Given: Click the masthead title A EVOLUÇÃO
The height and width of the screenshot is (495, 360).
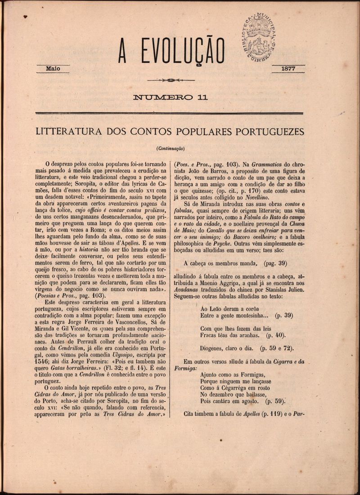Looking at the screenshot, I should [171, 50].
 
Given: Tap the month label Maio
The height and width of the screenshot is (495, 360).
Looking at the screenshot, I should [53, 68].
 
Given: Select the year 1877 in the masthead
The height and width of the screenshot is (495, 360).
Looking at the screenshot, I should [288, 69].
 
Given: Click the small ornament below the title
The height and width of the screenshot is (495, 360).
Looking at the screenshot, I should [171, 80].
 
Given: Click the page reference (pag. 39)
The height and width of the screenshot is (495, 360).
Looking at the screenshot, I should [273, 263].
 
